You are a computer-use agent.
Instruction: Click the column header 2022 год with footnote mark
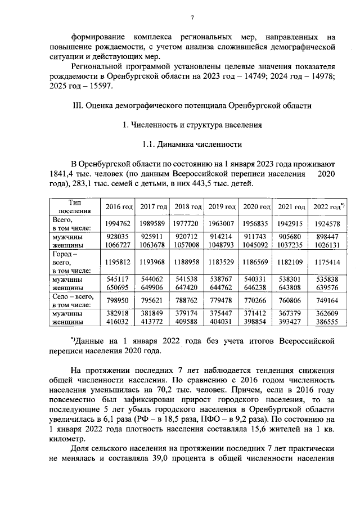pos(328,207)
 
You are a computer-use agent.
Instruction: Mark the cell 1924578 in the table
pos(328,223)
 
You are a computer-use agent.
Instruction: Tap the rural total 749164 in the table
pos(328,300)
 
